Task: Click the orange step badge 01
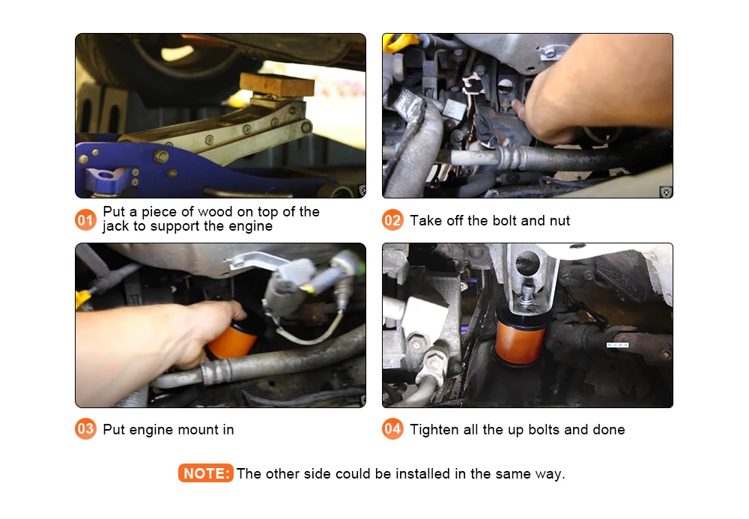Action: coord(85,220)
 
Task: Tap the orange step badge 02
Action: coord(392,220)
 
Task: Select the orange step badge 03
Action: coord(85,429)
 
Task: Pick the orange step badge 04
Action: coord(392,429)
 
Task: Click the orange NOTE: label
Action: coord(206,473)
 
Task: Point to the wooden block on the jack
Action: coord(277,85)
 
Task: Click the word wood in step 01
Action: coord(215,211)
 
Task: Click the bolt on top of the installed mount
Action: coord(527,294)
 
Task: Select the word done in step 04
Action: coord(608,430)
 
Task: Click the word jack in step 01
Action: coord(115,227)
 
